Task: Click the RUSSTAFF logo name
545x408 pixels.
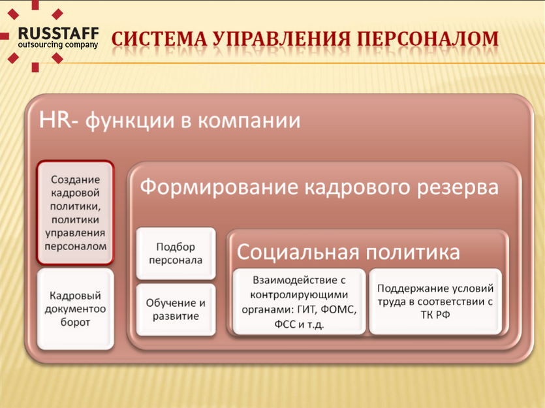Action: [58, 34]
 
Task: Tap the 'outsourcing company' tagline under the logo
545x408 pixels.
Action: [58, 45]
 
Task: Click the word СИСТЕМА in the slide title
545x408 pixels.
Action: [159, 39]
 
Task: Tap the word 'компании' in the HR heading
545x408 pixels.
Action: [249, 121]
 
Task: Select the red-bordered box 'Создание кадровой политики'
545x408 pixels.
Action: [76, 213]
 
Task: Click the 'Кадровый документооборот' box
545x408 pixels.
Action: [76, 309]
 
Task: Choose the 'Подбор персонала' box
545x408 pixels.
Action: [176, 253]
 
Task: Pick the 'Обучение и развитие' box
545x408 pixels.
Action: [176, 309]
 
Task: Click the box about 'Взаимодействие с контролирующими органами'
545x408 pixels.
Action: [300, 302]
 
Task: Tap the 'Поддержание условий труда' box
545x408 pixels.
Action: [435, 302]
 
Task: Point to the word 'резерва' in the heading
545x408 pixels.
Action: [458, 188]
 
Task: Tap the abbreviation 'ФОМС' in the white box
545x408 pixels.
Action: [339, 309]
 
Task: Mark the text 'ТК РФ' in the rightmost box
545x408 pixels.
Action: [435, 315]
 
